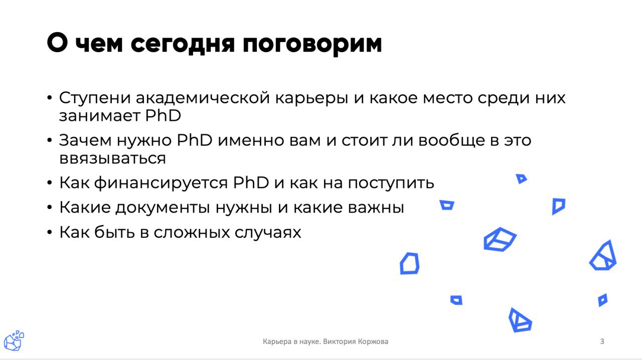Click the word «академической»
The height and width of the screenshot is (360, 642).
203,98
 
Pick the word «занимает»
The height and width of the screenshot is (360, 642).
100,116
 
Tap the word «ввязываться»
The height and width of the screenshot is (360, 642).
113,158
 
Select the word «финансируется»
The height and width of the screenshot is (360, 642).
161,183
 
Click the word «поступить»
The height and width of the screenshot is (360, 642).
391,183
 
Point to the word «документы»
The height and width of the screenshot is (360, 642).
163,208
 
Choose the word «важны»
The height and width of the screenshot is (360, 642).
376,208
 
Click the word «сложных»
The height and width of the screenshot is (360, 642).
192,233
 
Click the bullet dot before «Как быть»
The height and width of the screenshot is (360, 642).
50,232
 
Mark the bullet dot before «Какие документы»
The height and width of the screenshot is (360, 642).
50,207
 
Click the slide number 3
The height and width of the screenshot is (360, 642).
602,341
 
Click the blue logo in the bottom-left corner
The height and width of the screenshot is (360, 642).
14,340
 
